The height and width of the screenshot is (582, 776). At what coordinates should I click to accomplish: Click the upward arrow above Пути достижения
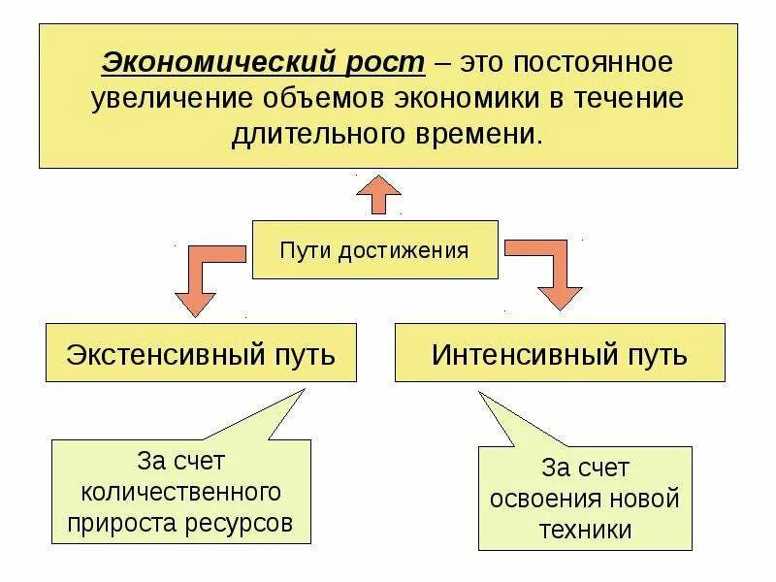pos(377,194)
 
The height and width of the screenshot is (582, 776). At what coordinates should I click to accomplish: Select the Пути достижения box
pos(374,250)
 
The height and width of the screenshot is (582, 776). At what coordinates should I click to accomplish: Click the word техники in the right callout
pos(586,531)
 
